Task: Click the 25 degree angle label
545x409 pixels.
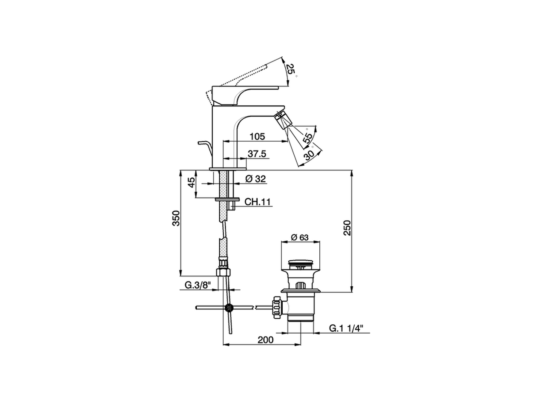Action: coord(290,69)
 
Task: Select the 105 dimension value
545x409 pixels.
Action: coord(257,136)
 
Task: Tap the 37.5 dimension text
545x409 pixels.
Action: coord(257,154)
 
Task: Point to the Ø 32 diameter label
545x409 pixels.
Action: coord(255,179)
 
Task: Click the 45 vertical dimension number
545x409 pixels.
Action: coord(192,183)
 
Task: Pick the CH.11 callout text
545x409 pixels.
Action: coord(258,202)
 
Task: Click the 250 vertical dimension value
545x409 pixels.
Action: coord(347,228)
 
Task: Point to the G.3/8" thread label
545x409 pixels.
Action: coord(198,285)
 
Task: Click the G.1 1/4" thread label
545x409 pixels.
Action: coord(345,328)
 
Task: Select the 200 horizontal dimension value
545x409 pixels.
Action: coord(265,340)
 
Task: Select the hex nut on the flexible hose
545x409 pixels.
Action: coord(224,272)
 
